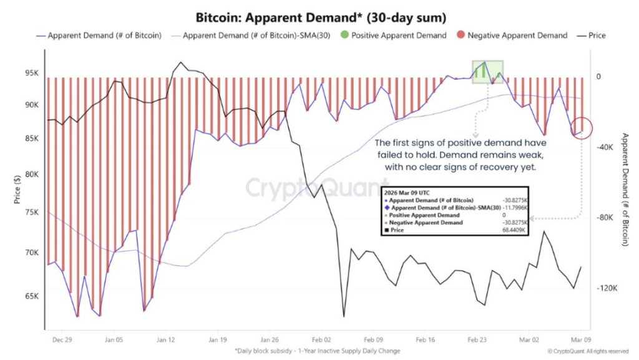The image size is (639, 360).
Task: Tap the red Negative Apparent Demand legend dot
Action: [x=459, y=36]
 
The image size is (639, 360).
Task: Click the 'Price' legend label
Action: [x=597, y=36]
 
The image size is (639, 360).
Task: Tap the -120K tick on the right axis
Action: [x=607, y=288]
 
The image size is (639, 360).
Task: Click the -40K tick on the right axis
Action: [x=607, y=147]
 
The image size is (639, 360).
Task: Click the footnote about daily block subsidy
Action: [x=317, y=351]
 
